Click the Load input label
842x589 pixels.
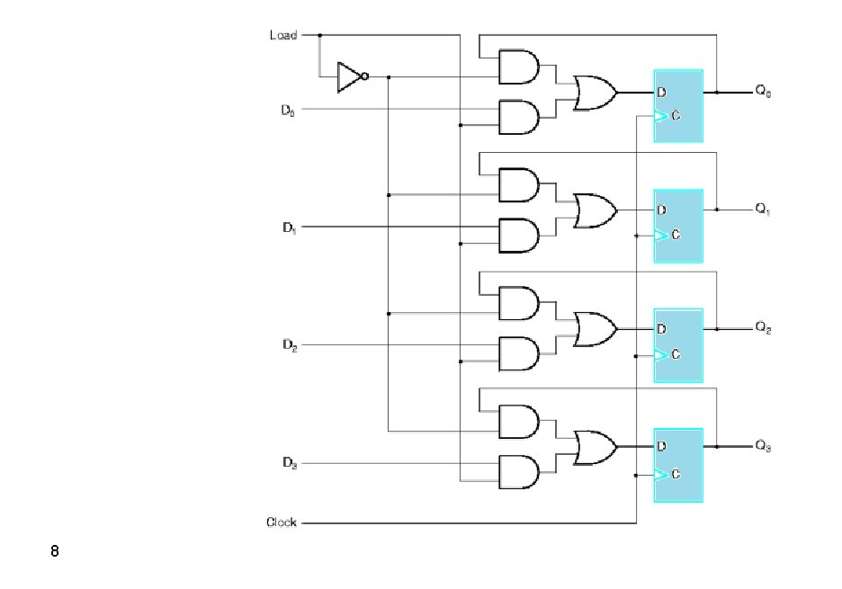coord(282,35)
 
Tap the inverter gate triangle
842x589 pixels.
coord(349,76)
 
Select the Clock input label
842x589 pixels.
coord(282,522)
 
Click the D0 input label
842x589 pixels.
coord(287,110)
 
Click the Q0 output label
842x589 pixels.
coord(763,91)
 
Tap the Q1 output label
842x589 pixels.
coord(763,210)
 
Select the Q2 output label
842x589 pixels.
coord(763,327)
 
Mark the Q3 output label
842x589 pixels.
coord(763,446)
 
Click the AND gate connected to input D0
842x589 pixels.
coord(518,117)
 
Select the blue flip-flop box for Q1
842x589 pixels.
coord(677,225)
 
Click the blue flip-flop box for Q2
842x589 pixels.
coord(677,344)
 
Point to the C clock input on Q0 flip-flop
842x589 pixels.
coord(674,116)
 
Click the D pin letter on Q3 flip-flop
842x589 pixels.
coord(661,446)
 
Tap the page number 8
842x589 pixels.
coord(55,550)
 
